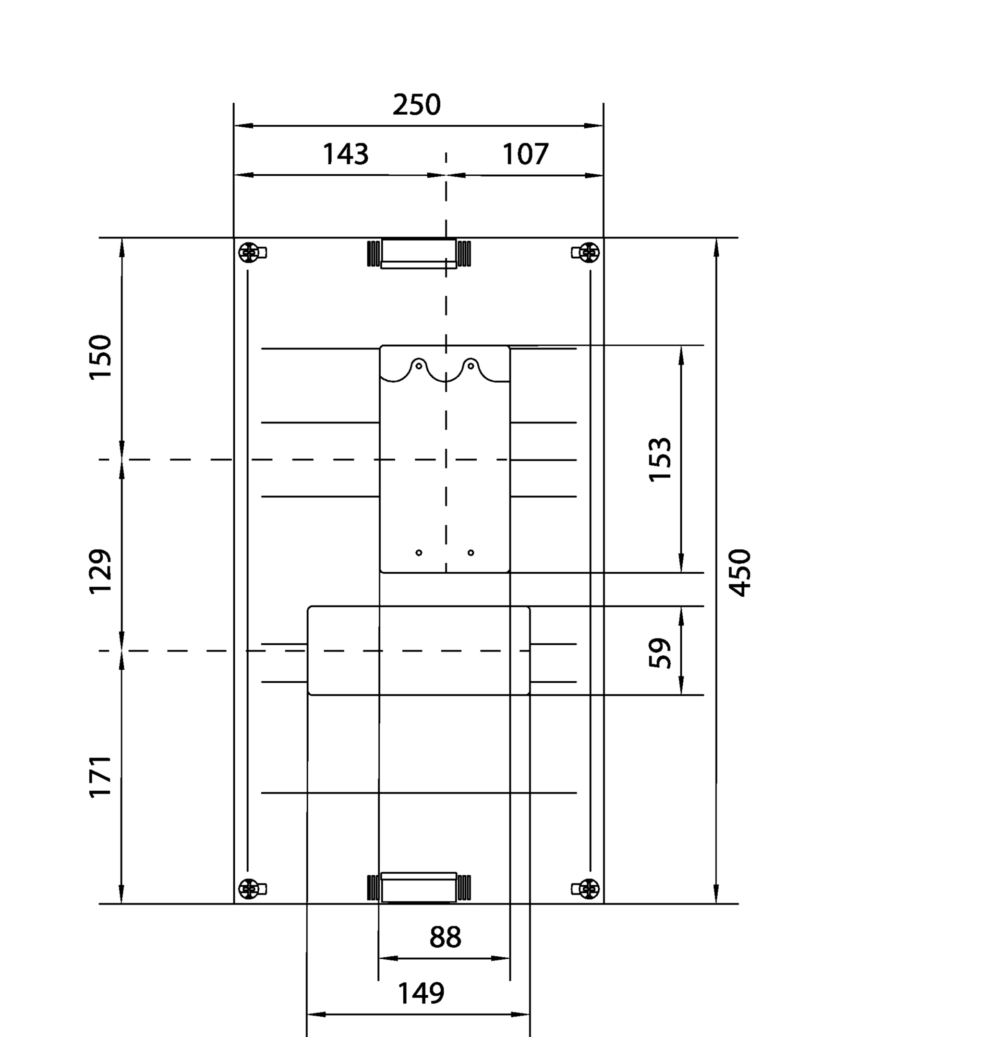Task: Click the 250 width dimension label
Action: pos(416,105)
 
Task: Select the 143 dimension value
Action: pos(346,154)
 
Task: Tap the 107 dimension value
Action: pos(526,154)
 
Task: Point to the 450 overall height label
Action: pos(739,573)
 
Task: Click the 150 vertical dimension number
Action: pos(100,357)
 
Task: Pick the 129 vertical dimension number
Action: pos(100,572)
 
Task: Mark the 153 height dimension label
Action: pos(660,459)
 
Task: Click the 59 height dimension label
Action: pos(660,653)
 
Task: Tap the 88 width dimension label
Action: pos(445,938)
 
